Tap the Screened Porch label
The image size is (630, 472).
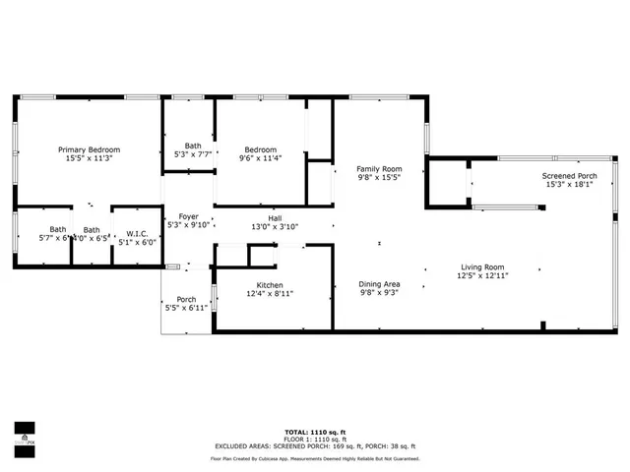click(570, 177)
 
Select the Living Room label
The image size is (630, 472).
click(482, 266)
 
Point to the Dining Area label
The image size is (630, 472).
click(379, 284)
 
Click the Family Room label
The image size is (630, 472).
click(379, 169)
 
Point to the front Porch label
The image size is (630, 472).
click(186, 300)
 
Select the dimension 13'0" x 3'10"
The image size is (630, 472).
click(276, 226)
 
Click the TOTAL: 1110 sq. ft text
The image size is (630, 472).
click(314, 432)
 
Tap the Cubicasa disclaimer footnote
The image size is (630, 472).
click(314, 458)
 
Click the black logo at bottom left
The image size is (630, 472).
click(24, 434)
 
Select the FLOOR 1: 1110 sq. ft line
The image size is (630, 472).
click(314, 439)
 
